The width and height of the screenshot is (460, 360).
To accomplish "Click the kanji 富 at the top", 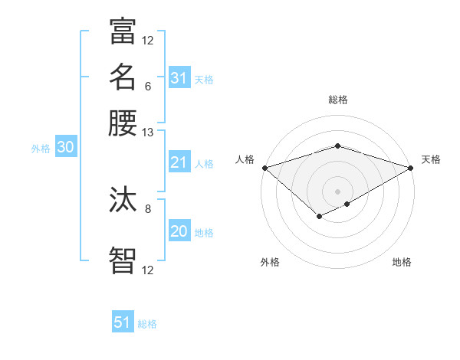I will (123, 32).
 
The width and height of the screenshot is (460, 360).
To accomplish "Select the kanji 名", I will (123, 77).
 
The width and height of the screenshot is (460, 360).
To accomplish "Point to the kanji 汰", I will (123, 201).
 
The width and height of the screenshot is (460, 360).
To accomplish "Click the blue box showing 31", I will (179, 78).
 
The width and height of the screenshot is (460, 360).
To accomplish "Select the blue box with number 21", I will (179, 162).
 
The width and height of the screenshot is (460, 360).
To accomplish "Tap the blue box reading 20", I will (179, 231).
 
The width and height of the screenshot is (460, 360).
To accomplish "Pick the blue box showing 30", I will (65, 148).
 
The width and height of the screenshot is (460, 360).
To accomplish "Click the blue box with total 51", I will (123, 322).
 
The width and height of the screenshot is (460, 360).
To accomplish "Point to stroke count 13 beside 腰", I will (148, 133).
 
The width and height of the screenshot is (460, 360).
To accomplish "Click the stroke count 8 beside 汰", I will (148, 208).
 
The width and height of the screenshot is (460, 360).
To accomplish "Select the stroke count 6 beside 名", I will (148, 86).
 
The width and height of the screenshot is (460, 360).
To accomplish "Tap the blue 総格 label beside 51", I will (147, 324).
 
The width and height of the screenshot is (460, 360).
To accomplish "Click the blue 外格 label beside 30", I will (41, 149).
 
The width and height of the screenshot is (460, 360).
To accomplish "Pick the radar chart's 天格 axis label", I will (431, 159).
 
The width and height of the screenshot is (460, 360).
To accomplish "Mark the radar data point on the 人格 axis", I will (264, 167).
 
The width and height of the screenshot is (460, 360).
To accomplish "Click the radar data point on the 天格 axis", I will (411, 167).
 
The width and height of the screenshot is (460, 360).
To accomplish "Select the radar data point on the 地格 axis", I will (348, 204).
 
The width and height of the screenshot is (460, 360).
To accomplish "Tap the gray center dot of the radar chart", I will (337, 191).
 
